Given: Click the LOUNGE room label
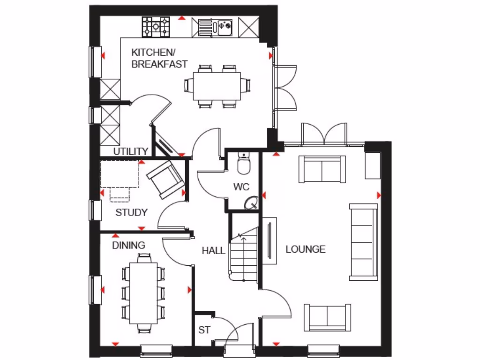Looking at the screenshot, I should [x=305, y=249].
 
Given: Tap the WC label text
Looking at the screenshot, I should [x=241, y=187].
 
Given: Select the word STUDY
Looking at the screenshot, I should [x=131, y=212].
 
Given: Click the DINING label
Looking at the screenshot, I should [x=128, y=245].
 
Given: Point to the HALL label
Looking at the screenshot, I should [x=213, y=251].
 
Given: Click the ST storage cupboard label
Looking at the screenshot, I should [x=204, y=330].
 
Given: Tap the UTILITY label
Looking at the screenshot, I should [x=131, y=151].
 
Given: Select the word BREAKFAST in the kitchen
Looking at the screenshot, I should [x=159, y=64].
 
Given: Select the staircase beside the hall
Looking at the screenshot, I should [x=244, y=255].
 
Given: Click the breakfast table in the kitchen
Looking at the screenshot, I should [x=217, y=87].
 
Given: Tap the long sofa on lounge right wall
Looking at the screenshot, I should [x=363, y=242].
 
